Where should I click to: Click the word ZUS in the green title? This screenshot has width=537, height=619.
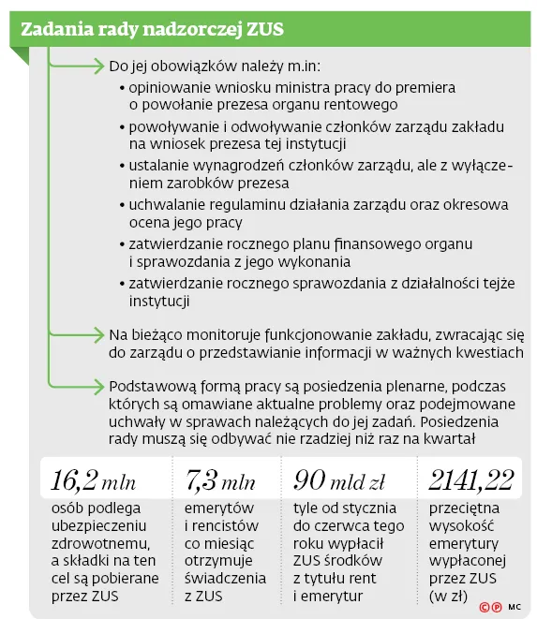[261, 30]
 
